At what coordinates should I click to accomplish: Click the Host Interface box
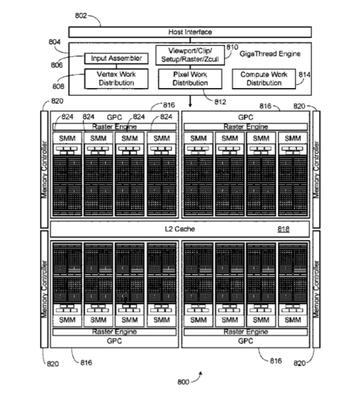(x=190, y=32)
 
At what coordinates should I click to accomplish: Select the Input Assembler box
(x=116, y=58)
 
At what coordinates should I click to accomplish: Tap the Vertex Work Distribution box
(x=116, y=78)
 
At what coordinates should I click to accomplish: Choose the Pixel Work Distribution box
(x=190, y=78)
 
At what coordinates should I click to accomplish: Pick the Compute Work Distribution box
(x=264, y=78)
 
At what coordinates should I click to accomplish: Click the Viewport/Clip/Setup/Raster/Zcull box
(x=190, y=55)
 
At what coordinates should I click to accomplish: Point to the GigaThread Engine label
(x=270, y=54)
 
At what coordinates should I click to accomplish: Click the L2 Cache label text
(x=180, y=229)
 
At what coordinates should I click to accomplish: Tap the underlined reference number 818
(x=283, y=229)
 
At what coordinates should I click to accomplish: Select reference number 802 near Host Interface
(x=81, y=16)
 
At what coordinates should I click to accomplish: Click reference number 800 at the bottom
(x=183, y=382)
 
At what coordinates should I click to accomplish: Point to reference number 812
(x=220, y=102)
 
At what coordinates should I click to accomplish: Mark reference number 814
(x=304, y=75)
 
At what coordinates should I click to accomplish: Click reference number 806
(x=56, y=65)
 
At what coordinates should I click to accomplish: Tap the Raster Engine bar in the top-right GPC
(x=245, y=127)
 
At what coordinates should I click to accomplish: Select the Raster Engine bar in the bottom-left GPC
(x=115, y=332)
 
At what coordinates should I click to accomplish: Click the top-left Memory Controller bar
(x=44, y=170)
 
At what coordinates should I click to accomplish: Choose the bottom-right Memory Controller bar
(x=316, y=289)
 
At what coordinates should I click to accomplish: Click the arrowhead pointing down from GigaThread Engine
(x=190, y=105)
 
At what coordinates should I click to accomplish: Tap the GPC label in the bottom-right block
(x=245, y=341)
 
